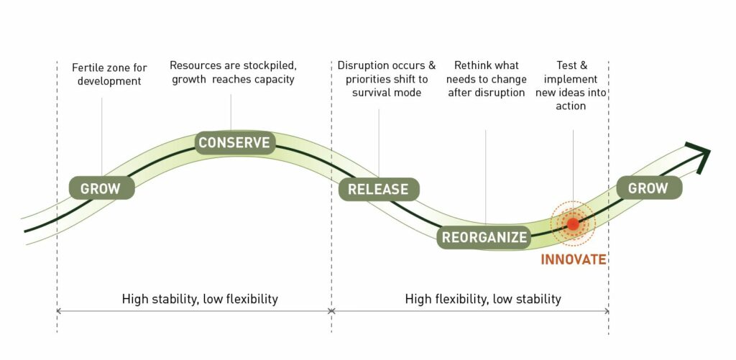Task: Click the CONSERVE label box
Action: [x=234, y=142]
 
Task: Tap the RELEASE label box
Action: [x=378, y=190]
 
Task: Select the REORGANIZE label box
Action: [x=484, y=237]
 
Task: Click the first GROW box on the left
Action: [x=101, y=190]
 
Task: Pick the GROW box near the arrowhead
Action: [x=648, y=188]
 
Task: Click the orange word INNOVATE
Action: [x=574, y=259]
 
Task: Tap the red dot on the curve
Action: [x=573, y=224]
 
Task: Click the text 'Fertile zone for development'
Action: [x=109, y=74]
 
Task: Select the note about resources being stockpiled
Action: [x=232, y=73]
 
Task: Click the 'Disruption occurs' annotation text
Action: [x=387, y=79]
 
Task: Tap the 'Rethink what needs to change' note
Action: [x=486, y=79]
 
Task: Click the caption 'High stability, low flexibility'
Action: [x=200, y=299]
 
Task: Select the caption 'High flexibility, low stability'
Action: [x=483, y=299]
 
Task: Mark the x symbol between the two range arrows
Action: [x=331, y=311]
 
